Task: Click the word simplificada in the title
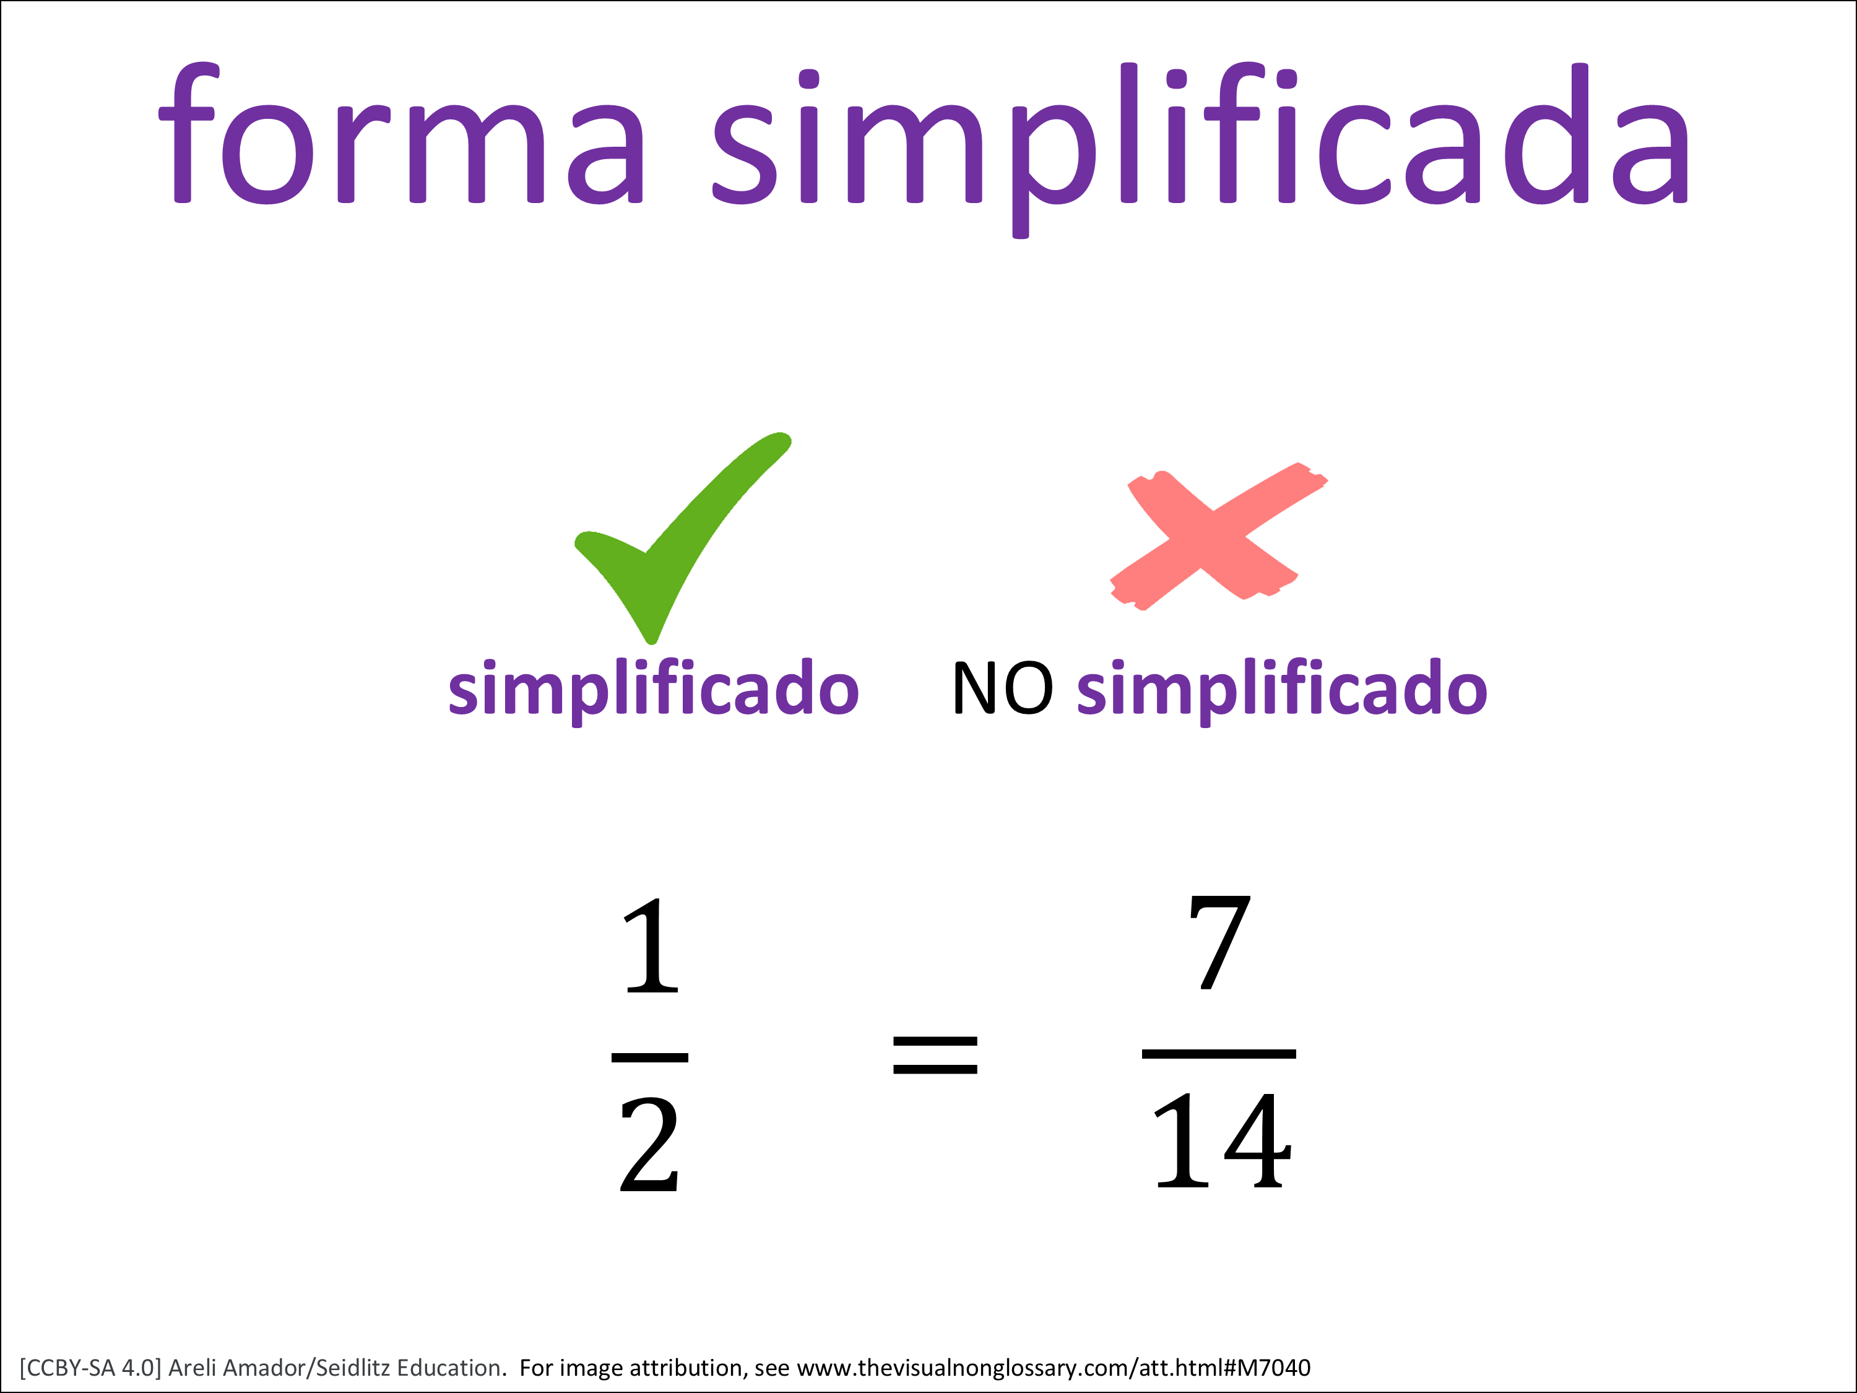pyautogui.click(x=1200, y=149)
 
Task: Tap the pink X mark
pyautogui.click(x=1219, y=536)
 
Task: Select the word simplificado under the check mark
pyautogui.click(x=654, y=691)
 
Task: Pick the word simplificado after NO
pyautogui.click(x=1282, y=691)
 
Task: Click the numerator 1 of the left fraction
pyautogui.click(x=651, y=945)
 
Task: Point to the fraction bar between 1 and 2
pyautogui.click(x=650, y=1058)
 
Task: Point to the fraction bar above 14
pyautogui.click(x=1219, y=1054)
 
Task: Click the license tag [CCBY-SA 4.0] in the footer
pyautogui.click(x=90, y=1369)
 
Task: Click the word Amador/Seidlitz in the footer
pyautogui.click(x=306, y=1369)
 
